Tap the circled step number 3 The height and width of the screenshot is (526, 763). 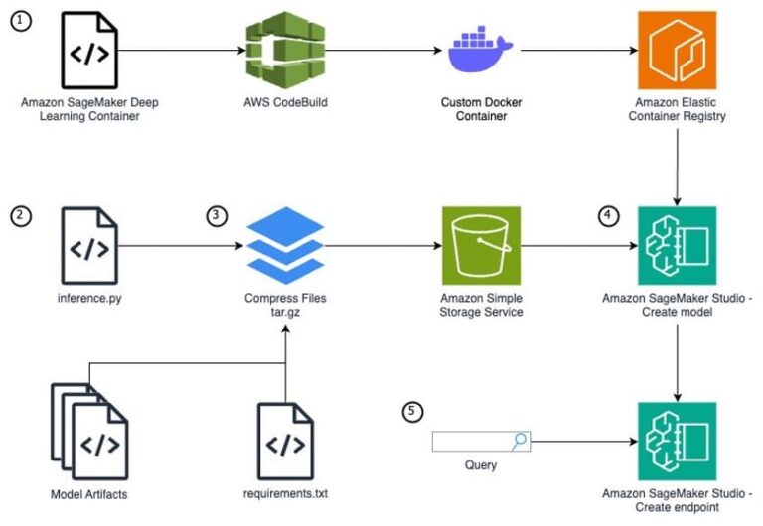(x=216, y=214)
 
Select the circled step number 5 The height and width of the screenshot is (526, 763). (x=410, y=410)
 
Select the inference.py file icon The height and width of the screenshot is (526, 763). (x=88, y=244)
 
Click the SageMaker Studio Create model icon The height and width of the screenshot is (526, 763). (x=676, y=244)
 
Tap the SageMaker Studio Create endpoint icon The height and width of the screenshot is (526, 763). (x=676, y=440)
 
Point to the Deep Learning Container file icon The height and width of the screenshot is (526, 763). (x=88, y=50)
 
